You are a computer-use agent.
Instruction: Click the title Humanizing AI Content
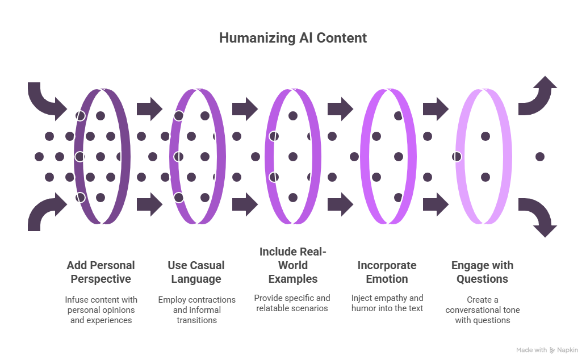[x=293, y=39]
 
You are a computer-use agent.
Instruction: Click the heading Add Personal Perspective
[x=101, y=272]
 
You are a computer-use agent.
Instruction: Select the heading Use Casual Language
[x=196, y=272]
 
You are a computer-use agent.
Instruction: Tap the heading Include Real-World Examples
[x=293, y=265]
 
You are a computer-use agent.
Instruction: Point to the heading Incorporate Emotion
[x=387, y=272]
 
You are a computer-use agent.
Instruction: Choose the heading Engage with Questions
[x=482, y=272]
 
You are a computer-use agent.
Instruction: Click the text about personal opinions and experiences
[x=101, y=309]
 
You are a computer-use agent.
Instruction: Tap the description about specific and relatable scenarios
[x=292, y=303]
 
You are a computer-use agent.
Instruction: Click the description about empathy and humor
[x=387, y=303]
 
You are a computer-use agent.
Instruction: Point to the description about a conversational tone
[x=482, y=309]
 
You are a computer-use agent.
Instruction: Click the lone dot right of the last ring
[x=540, y=156]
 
